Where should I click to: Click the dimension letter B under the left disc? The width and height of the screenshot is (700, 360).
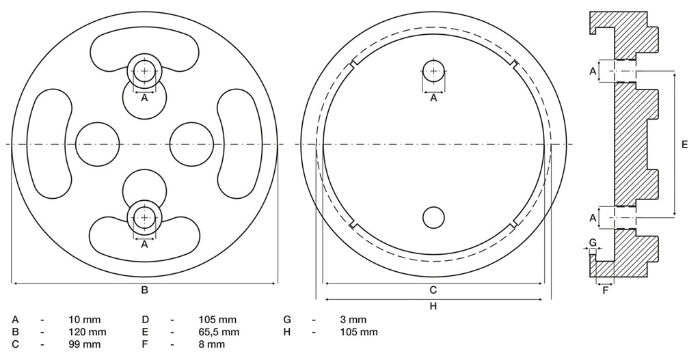(145, 290)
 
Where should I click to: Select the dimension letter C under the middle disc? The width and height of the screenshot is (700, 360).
(433, 290)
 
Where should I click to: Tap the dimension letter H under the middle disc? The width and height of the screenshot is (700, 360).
(433, 306)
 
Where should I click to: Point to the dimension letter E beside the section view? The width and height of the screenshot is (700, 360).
(685, 145)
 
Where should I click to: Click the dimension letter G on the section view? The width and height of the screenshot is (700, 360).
(593, 243)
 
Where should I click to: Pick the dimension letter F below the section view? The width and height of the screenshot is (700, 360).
(606, 291)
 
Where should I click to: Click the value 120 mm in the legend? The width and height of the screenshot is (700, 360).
(87, 332)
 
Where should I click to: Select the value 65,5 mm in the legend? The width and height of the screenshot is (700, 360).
(219, 332)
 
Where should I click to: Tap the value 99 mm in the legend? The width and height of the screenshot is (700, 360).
(84, 344)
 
